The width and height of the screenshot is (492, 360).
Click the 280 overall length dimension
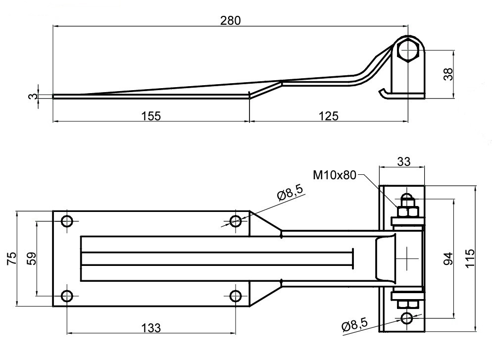[230, 20]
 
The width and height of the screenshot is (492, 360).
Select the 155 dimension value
[151, 116]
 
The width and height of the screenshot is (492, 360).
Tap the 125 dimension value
[328, 116]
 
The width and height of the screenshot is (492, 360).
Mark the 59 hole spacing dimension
[31, 258]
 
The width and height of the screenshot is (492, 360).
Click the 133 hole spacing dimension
[151, 327]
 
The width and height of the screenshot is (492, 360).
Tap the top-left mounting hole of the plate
[66, 221]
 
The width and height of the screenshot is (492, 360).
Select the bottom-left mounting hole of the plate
[66, 296]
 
